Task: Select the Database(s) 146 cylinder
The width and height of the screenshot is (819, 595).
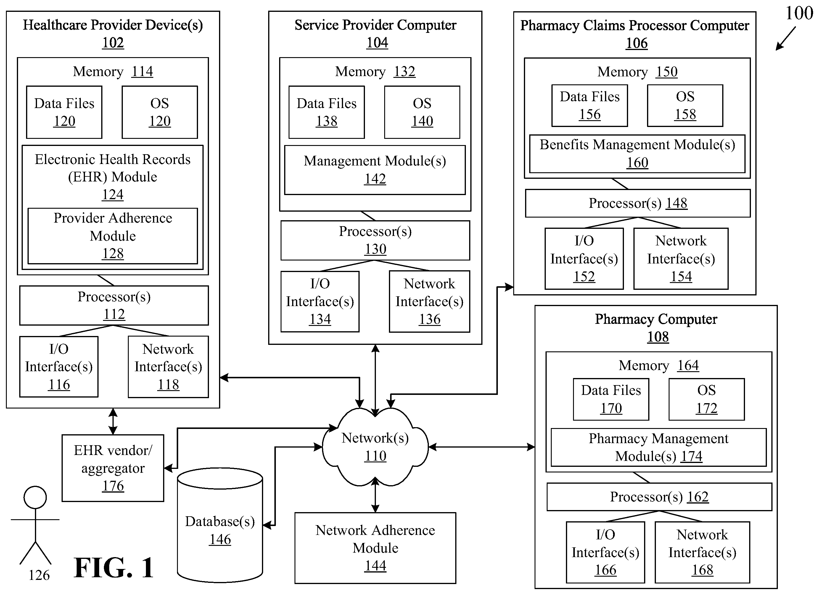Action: click(x=220, y=525)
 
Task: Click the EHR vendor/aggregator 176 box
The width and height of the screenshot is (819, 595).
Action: click(x=113, y=468)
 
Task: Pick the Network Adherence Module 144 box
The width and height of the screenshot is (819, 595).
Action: click(x=375, y=548)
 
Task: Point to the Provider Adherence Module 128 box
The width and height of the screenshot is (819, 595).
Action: click(x=113, y=236)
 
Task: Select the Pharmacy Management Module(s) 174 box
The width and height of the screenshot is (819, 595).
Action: click(x=659, y=447)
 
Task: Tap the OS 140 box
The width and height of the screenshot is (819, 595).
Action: click(x=422, y=112)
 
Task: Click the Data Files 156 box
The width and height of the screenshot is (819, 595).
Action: click(x=590, y=105)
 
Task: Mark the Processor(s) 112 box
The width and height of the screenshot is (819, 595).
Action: click(x=114, y=305)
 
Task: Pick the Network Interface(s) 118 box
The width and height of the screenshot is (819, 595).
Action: click(x=168, y=367)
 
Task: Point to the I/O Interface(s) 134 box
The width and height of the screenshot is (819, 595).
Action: click(x=320, y=301)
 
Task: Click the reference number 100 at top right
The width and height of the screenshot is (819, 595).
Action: click(x=799, y=13)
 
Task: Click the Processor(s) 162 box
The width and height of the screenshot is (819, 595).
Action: click(x=659, y=497)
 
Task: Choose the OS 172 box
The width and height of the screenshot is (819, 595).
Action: click(x=707, y=399)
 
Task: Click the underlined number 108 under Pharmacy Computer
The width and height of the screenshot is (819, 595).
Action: click(x=658, y=337)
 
